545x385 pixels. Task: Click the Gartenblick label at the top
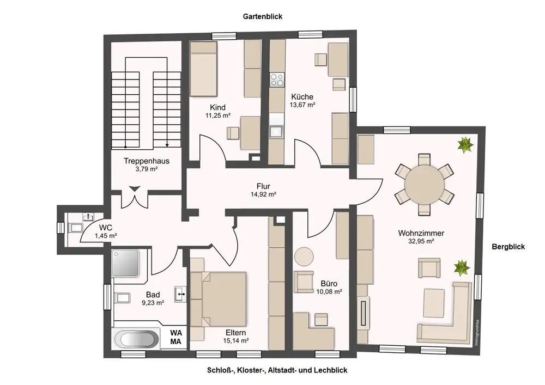pyautogui.click(x=263, y=17)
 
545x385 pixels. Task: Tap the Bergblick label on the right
pyautogui.click(x=508, y=247)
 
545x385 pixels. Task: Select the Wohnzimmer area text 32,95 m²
pyautogui.click(x=420, y=241)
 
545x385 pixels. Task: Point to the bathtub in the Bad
pyautogui.click(x=137, y=339)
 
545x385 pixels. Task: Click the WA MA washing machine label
pyautogui.click(x=175, y=337)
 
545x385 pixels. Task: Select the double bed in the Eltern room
pyautogui.click(x=223, y=297)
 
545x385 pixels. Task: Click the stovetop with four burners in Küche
pyautogui.click(x=277, y=80)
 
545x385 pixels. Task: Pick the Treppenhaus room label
pyautogui.click(x=146, y=161)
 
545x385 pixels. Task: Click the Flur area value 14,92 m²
pyautogui.click(x=263, y=194)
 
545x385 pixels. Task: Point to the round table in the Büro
pyautogui.click(x=304, y=257)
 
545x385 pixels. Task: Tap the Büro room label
pyautogui.click(x=329, y=284)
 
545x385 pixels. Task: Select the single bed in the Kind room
pyautogui.click(x=203, y=70)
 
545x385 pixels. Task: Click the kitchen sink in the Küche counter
pyautogui.click(x=277, y=131)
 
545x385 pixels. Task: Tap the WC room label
pyautogui.click(x=105, y=227)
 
